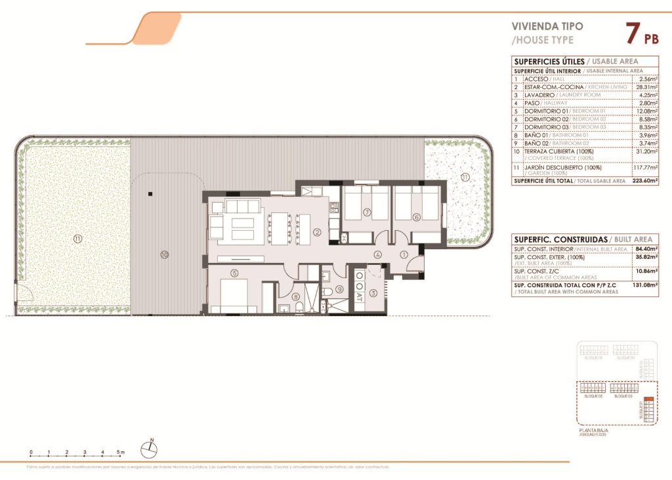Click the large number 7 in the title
(633, 33)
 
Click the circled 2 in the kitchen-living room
(316, 231)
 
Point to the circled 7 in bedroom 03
(367, 212)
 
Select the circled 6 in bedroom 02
(416, 217)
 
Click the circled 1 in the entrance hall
(404, 254)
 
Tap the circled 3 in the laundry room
(373, 293)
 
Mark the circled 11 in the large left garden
(77, 239)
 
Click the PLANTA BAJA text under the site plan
(593, 430)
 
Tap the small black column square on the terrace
(150, 193)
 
